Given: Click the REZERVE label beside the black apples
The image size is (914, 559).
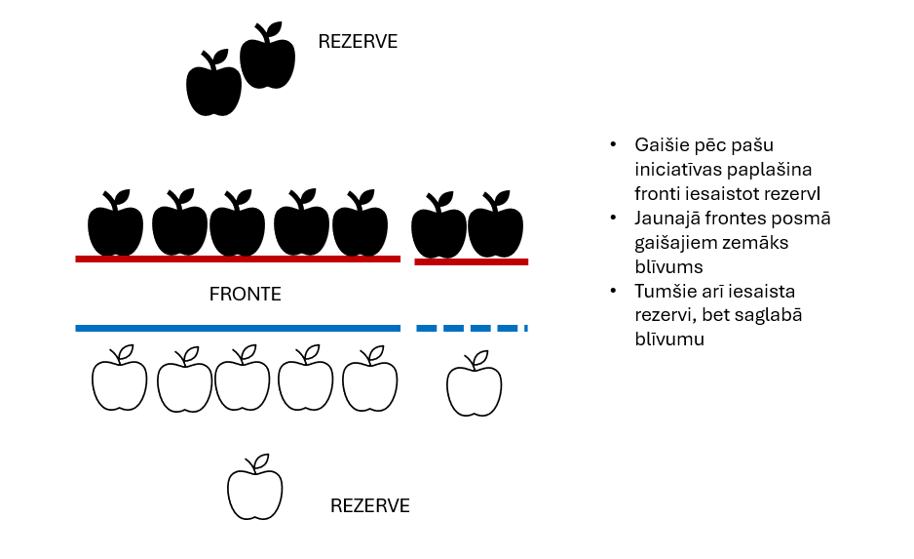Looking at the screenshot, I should point(358,42).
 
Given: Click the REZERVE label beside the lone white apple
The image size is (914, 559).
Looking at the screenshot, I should point(369,506).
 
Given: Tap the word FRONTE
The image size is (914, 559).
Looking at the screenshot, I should point(245,294).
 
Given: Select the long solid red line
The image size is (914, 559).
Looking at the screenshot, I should point(238,259).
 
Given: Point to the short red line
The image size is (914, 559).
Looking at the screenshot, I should point(471,261).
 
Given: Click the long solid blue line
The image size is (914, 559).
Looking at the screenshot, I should point(238,328).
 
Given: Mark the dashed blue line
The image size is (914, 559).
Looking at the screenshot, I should point(472,328).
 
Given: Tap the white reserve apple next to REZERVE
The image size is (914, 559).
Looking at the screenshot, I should point(254,490).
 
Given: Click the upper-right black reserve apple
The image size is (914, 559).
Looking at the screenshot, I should point(268,59).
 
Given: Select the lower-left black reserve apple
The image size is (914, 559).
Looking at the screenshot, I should point(213,85).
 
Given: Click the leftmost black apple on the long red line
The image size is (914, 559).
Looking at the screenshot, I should point(115,225).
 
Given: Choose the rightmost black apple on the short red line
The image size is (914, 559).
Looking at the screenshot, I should point(496,227).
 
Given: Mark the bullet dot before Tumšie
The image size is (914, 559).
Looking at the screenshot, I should point(614,291).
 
